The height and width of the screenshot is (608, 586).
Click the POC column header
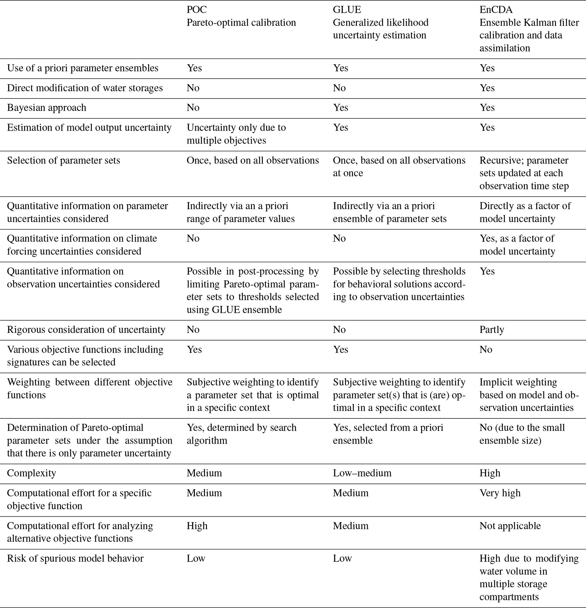pyautogui.click(x=196, y=10)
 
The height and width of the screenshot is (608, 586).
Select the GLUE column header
pyautogui.click(x=347, y=10)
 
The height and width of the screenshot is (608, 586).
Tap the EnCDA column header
pyautogui.click(x=496, y=10)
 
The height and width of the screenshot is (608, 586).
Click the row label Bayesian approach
pyautogui.click(x=46, y=108)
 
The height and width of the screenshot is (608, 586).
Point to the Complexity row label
pyautogui.click(x=31, y=473)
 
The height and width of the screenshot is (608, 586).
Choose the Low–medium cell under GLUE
pyautogui.click(x=362, y=473)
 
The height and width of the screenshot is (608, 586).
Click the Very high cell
pyautogui.click(x=500, y=493)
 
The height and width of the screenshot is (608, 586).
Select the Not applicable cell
pyautogui.click(x=510, y=526)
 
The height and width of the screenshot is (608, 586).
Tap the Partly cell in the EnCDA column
pyautogui.click(x=492, y=329)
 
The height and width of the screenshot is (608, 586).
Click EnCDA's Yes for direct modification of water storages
pyautogui.click(x=487, y=88)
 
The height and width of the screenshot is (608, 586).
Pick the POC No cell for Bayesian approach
pyautogui.click(x=193, y=108)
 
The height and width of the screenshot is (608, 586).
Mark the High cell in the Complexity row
pyautogui.click(x=490, y=473)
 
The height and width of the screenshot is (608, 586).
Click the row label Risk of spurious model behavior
pyautogui.click(x=75, y=558)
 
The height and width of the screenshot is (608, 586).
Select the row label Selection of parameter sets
pyautogui.click(x=63, y=160)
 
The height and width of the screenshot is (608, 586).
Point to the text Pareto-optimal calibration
pyautogui.click(x=241, y=23)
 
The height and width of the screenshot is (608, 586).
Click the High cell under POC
pyautogui.click(x=197, y=526)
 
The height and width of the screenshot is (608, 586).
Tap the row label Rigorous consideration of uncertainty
pyautogui.click(x=86, y=329)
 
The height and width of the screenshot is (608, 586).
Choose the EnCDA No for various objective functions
pyautogui.click(x=486, y=349)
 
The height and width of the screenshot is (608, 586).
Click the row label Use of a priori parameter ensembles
pyautogui.click(x=82, y=68)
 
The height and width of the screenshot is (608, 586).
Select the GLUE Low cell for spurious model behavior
pyautogui.click(x=342, y=558)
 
